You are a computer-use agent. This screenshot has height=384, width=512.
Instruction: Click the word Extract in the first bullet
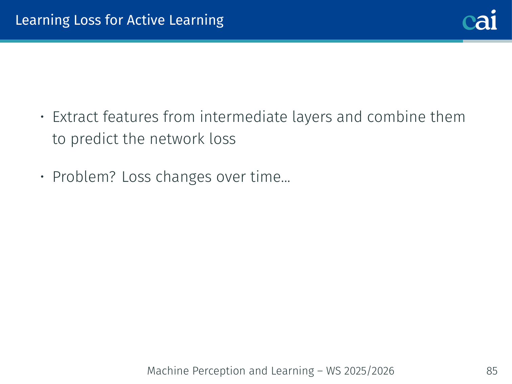point(75,117)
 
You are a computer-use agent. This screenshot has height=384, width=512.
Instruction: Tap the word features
point(131,117)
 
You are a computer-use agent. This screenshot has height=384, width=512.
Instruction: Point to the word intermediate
point(243,117)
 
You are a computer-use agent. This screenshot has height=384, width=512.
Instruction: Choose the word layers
point(312,117)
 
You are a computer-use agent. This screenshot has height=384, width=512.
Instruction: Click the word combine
point(396,117)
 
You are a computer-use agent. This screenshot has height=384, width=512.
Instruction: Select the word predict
point(94,140)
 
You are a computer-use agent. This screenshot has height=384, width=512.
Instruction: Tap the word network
point(177,139)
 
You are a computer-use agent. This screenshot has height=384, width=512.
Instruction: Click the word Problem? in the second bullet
point(84,177)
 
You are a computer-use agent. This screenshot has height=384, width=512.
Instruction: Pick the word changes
point(184,177)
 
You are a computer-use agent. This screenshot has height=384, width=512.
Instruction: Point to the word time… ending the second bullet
point(270,177)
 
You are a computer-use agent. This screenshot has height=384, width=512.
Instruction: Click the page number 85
point(492,371)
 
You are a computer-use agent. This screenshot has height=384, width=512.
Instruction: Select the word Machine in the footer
point(168,371)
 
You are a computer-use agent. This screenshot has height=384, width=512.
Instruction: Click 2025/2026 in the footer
point(369,371)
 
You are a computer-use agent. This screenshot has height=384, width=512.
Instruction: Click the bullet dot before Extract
point(42,116)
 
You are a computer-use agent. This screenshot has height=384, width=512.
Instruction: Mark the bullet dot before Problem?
point(42,177)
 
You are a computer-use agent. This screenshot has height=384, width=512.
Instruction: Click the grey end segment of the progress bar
point(487,41)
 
